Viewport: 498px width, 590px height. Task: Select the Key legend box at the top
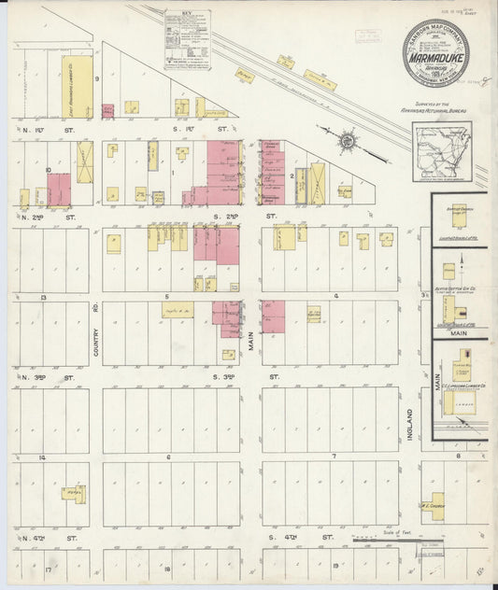(186, 39)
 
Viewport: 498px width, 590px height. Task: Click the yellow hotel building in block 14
(73, 492)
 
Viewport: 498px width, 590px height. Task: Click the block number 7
(334, 457)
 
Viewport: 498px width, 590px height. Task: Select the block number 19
(334, 567)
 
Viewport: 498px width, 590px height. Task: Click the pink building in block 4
(273, 316)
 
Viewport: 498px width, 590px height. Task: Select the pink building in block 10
(59, 190)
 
